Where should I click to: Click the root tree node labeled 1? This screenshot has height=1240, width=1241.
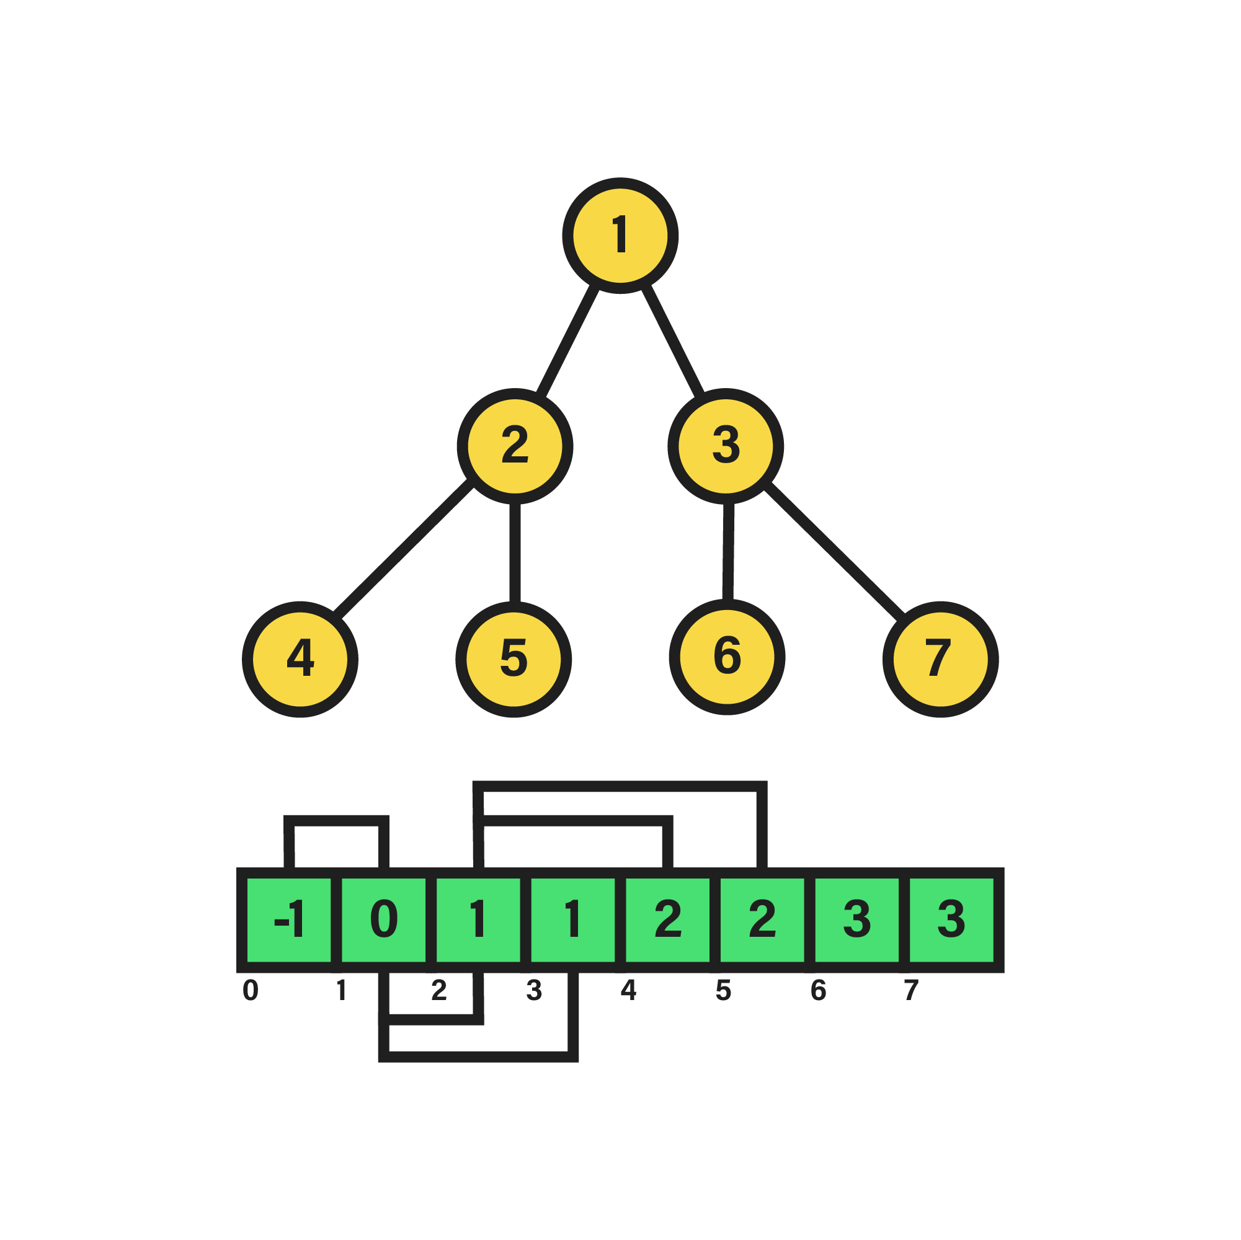tap(620, 236)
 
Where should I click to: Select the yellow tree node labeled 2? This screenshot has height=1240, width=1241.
tap(515, 446)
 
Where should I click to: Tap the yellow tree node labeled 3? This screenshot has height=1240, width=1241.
tap(725, 446)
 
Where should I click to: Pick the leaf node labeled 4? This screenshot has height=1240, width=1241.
tap(300, 659)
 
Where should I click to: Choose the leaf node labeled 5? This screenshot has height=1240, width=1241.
tap(514, 659)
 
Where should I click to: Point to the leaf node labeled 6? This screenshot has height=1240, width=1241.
tap(726, 657)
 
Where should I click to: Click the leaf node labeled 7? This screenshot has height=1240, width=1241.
tap(940, 659)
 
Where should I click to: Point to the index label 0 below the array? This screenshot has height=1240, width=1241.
tap(251, 990)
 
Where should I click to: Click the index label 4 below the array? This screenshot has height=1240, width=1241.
tap(628, 990)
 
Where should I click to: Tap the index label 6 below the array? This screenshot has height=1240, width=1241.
tap(819, 990)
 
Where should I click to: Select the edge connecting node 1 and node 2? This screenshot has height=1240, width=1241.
tap(568, 340)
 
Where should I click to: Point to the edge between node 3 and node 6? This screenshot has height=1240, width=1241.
tap(727, 551)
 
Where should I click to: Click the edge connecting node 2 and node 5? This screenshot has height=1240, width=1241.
tap(515, 553)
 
